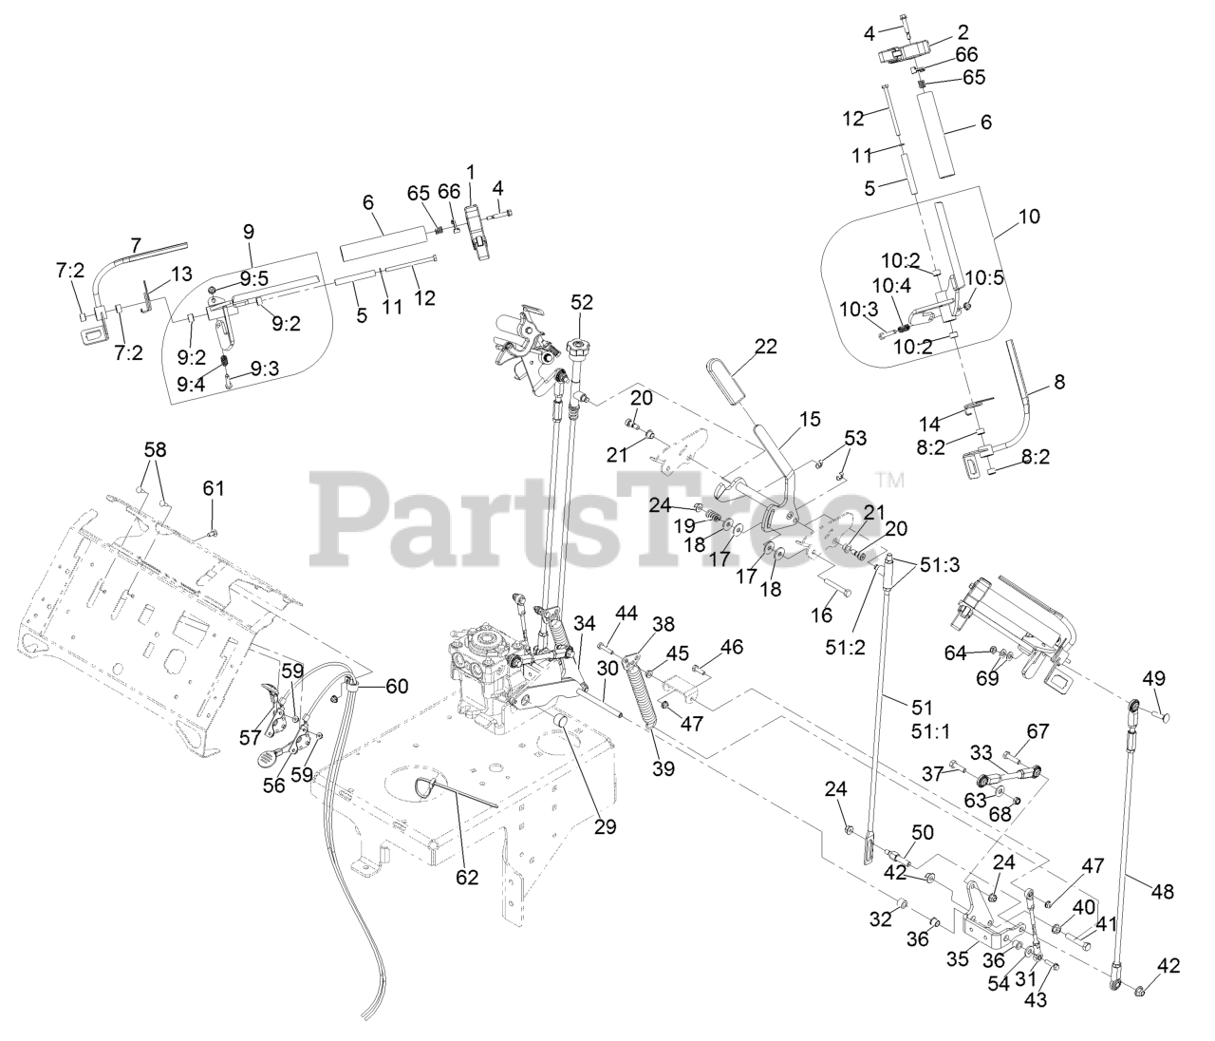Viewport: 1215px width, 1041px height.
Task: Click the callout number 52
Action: pos(581,302)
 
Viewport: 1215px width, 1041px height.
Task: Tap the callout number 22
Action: pos(766,348)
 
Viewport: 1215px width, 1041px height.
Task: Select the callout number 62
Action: pos(467,877)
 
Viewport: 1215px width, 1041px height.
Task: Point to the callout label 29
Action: pos(606,826)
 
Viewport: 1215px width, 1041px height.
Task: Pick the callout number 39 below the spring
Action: pos(664,769)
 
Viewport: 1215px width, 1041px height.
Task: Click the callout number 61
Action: pos(214,488)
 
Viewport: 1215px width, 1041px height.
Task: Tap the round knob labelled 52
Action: pos(576,346)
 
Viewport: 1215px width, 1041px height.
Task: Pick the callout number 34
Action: pos(585,624)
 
